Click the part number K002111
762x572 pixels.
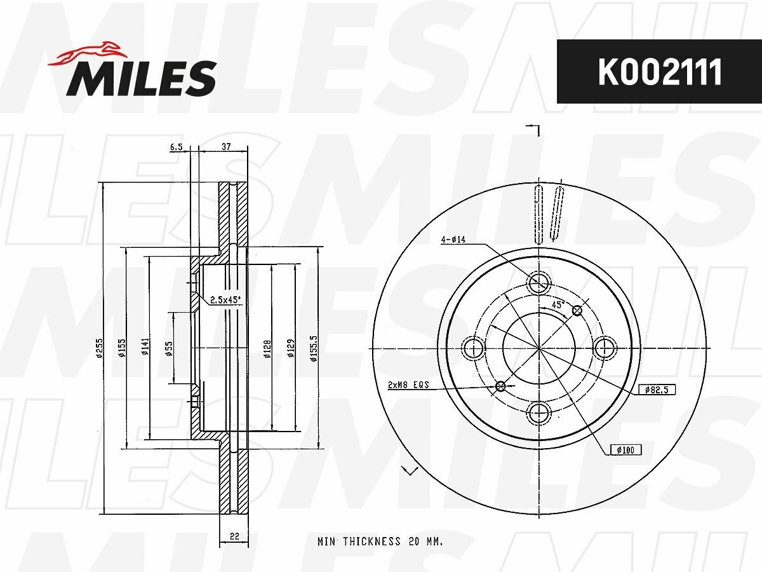pyautogui.click(x=660, y=72)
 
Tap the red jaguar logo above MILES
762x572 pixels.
pyautogui.click(x=88, y=54)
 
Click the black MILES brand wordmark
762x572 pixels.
pyautogui.click(x=142, y=78)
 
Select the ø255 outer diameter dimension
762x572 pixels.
pyautogui.click(x=100, y=348)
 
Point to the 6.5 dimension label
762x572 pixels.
pyautogui.click(x=176, y=147)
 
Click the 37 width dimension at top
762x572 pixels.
pyautogui.click(x=226, y=147)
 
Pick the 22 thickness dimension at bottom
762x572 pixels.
pyautogui.click(x=234, y=536)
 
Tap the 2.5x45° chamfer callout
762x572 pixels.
pyautogui.click(x=225, y=300)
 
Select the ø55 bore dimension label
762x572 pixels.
pyautogui.click(x=169, y=348)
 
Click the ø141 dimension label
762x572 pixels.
pyautogui.click(x=145, y=346)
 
